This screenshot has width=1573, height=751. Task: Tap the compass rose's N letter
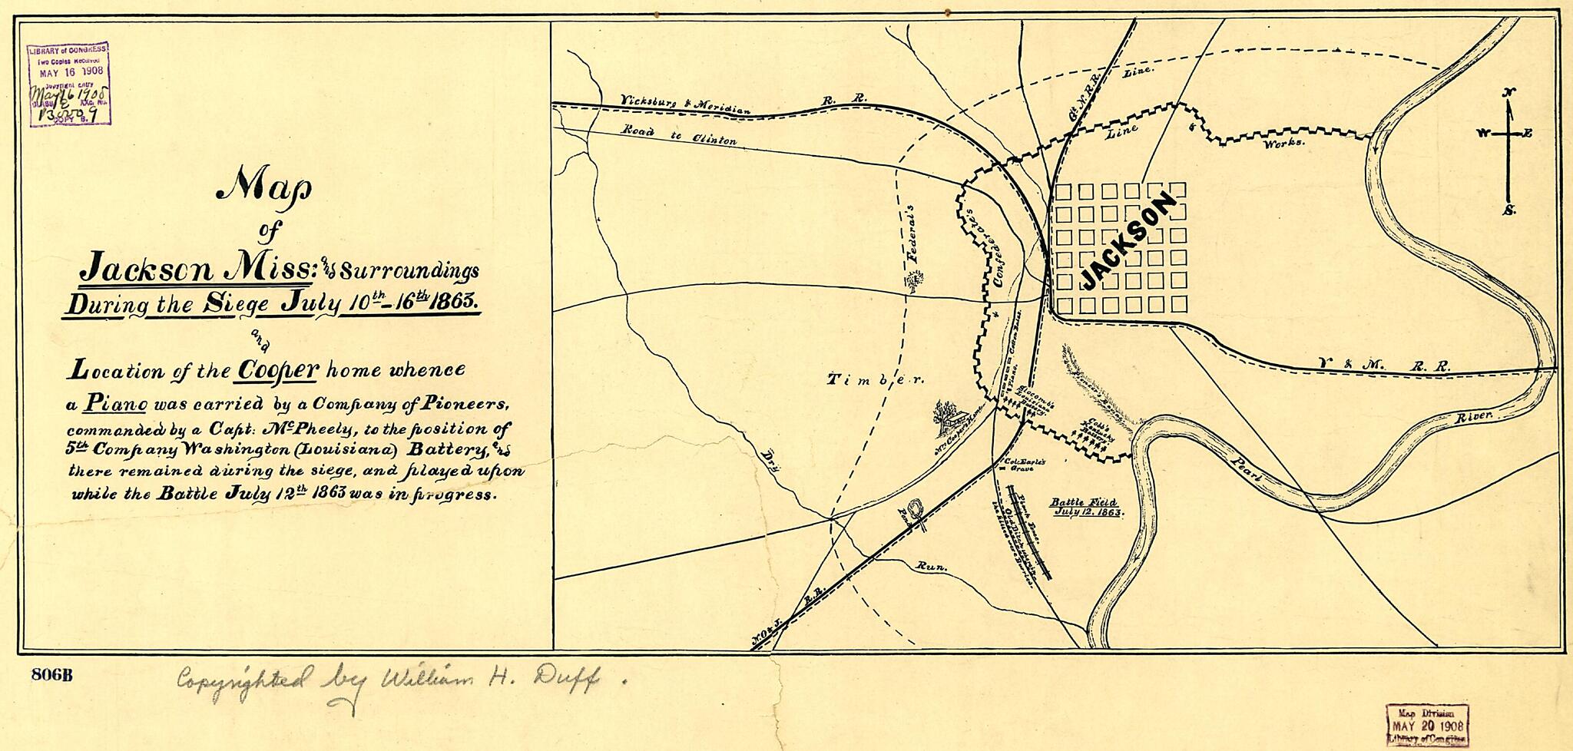pos(1509,93)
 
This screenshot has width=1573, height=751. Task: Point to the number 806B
pos(52,676)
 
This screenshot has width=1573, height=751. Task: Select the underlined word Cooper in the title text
pos(277,370)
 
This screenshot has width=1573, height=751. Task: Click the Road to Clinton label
pos(680,136)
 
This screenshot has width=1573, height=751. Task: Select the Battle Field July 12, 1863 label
pos(1086,506)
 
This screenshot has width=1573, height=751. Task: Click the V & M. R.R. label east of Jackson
pos(1383,366)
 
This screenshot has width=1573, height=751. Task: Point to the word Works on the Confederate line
pos(1283,143)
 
